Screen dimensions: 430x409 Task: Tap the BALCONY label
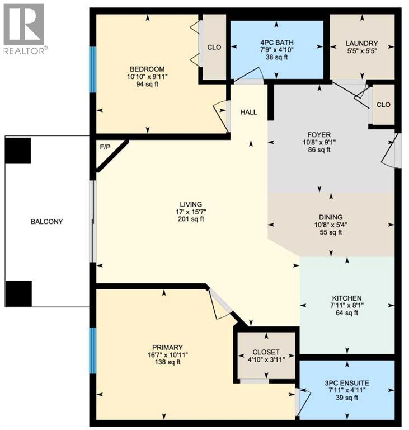tap(47, 222)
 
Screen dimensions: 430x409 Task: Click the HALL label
tap(248, 113)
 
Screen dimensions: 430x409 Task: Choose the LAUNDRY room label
tap(361, 43)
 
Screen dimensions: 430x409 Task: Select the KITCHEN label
tap(346, 298)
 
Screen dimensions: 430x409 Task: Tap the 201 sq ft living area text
tap(187, 219)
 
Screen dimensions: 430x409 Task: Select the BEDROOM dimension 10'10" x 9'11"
tap(147, 77)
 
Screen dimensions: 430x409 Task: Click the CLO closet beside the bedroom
tap(214, 48)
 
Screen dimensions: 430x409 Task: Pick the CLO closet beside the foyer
tap(383, 105)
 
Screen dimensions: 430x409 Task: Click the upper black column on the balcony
tap(17, 149)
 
